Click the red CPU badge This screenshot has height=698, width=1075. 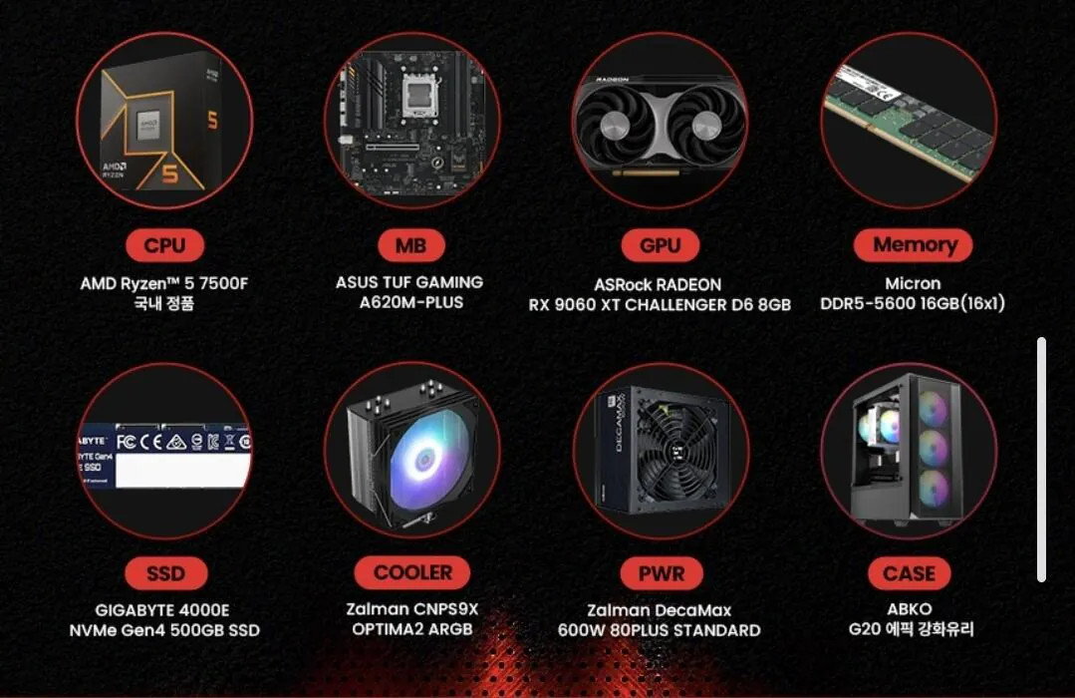tap(164, 245)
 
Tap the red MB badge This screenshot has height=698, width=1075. tap(410, 245)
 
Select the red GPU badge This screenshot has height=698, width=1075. tap(660, 245)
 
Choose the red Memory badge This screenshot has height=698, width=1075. tap(914, 244)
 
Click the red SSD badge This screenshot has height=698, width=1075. tap(166, 573)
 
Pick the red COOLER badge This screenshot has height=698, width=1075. tap(412, 572)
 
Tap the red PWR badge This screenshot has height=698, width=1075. tap(661, 573)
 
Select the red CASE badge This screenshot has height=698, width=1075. tap(909, 573)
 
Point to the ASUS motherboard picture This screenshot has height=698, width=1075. tap(412, 123)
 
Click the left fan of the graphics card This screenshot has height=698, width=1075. tap(615, 127)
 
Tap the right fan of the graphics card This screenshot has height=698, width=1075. tap(706, 127)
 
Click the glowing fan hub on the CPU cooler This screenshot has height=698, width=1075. tap(425, 458)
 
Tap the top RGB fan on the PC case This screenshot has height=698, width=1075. tap(933, 411)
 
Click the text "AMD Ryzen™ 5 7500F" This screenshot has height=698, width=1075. tap(164, 283)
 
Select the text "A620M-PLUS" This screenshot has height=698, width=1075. tap(411, 302)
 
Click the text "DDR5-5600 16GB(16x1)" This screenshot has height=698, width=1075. tap(913, 303)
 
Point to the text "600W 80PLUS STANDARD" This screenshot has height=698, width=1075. tap(659, 630)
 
